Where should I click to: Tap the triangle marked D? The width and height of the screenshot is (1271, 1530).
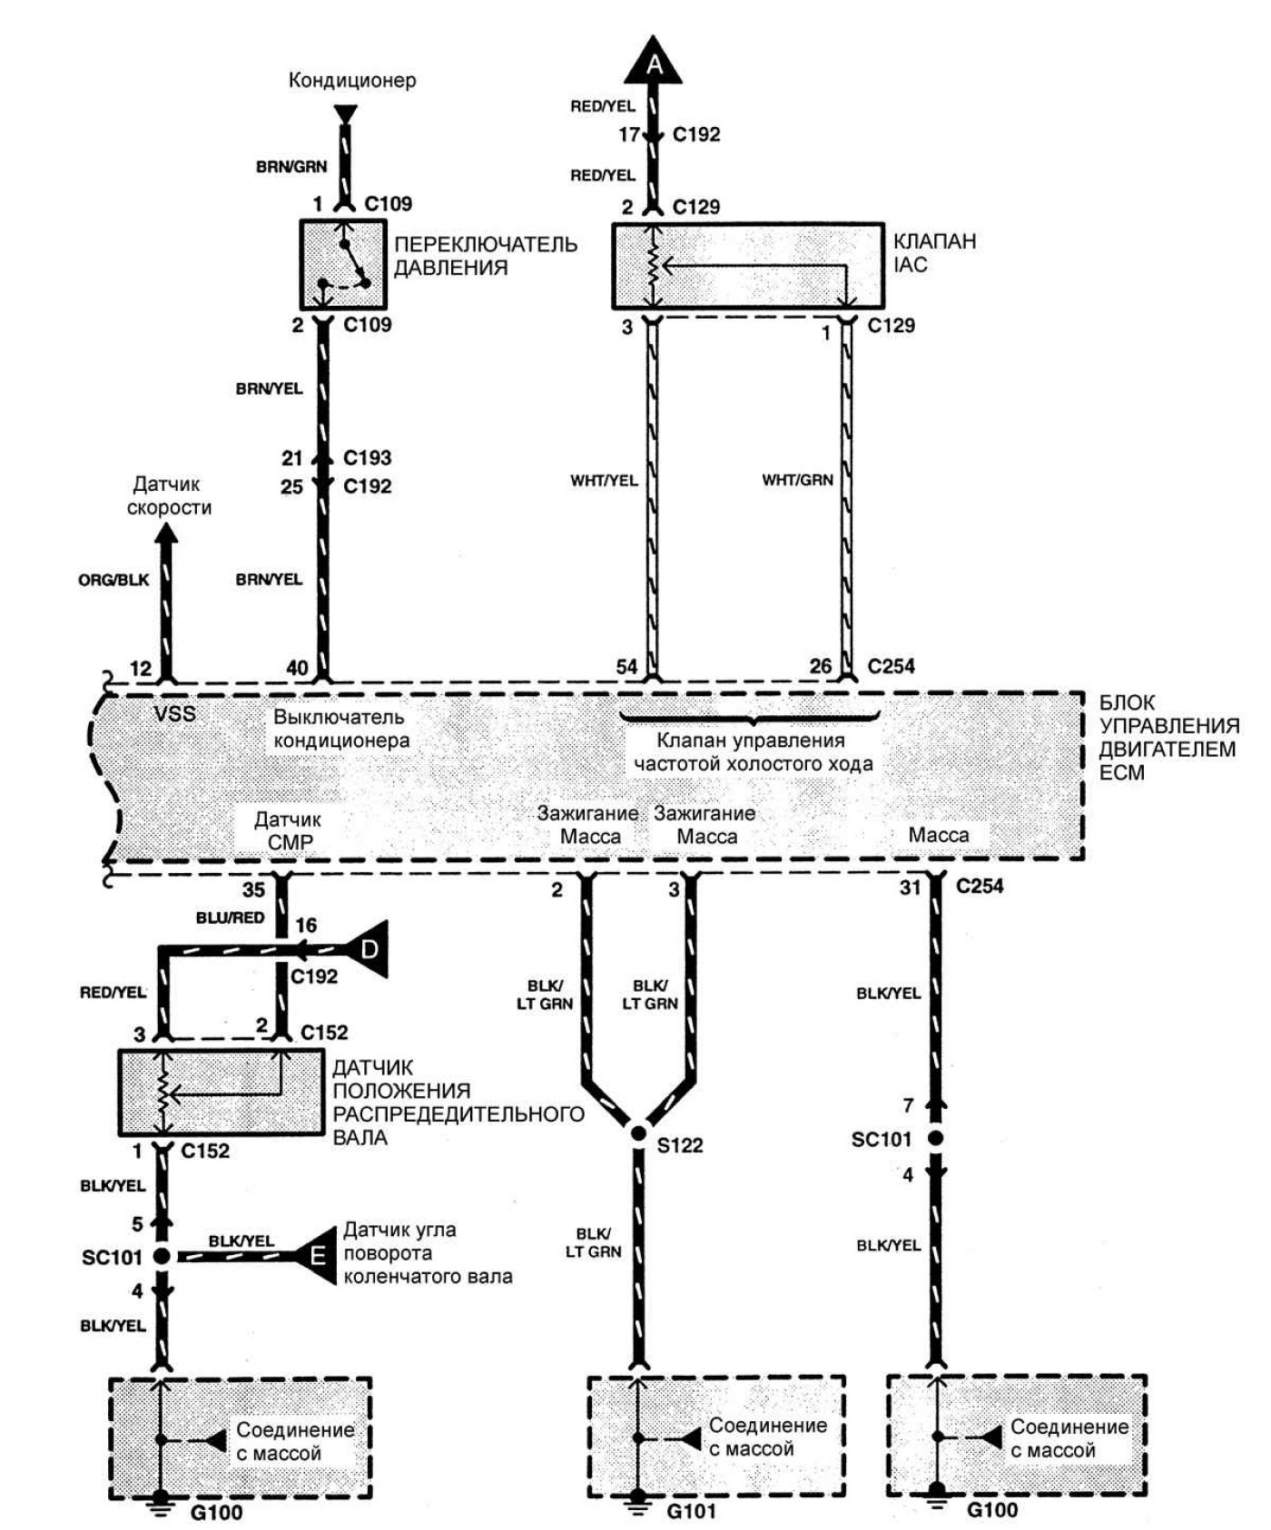(369, 950)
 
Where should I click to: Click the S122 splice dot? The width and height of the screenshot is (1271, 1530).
(638, 1133)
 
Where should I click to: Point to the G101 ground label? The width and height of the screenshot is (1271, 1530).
(691, 1512)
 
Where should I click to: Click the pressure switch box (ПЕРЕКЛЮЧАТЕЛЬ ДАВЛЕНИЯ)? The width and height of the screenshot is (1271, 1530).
(343, 264)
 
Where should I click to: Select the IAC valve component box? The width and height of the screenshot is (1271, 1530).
(747, 266)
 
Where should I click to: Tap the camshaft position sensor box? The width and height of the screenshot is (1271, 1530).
(221, 1093)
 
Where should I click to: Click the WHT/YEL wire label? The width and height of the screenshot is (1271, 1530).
(603, 480)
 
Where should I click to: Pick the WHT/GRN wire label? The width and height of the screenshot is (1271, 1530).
(797, 480)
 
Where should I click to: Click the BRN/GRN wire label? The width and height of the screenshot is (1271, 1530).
(291, 167)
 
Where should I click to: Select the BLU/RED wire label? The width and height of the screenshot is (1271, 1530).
(230, 917)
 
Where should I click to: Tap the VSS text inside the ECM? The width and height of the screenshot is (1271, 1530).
(174, 714)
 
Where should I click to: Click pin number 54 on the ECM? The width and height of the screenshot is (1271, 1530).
(626, 667)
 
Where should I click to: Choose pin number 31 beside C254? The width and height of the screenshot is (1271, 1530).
(910, 888)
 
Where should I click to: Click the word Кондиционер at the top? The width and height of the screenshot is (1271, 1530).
(352, 80)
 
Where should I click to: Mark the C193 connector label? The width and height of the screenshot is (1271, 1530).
(367, 457)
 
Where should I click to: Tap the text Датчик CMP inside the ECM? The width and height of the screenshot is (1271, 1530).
(288, 830)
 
